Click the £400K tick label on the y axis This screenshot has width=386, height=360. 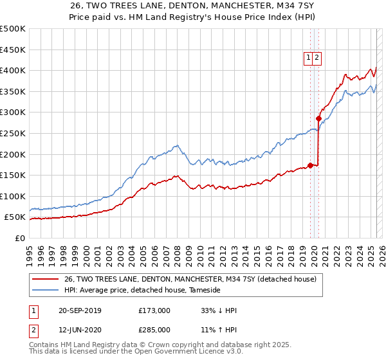pos(13,70)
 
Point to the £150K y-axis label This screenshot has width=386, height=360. pos(13,175)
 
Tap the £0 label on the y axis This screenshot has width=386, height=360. pos(21,238)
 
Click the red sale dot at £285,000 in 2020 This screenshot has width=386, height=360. pos(318,118)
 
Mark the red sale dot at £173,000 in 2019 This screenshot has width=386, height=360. pos(310,165)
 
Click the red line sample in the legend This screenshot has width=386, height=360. pos(45,280)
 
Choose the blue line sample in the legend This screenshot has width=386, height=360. pos(45,291)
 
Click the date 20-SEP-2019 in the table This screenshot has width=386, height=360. pos(80,310)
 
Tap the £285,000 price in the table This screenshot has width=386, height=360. pos(154,330)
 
